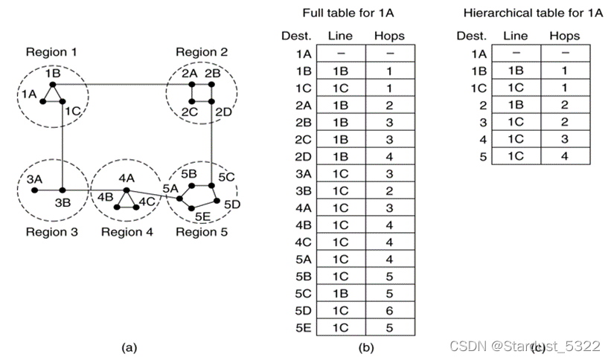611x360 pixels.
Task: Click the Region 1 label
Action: coord(51,52)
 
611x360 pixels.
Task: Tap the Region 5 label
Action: coord(202,232)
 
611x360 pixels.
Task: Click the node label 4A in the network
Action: coord(126,179)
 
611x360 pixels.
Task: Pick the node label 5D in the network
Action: coord(231,204)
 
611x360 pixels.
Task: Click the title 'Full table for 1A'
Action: coord(347,13)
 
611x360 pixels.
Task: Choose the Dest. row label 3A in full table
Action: coord(302,173)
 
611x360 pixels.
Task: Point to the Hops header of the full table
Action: coord(390,36)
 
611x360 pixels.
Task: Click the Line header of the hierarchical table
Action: coord(516,36)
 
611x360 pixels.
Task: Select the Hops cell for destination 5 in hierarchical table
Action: coord(566,157)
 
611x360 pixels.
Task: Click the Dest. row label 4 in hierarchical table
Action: coord(483,139)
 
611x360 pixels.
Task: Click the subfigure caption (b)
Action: coord(365,345)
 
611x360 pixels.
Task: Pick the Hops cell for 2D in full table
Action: coord(390,157)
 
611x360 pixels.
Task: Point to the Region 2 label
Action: coord(201,52)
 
